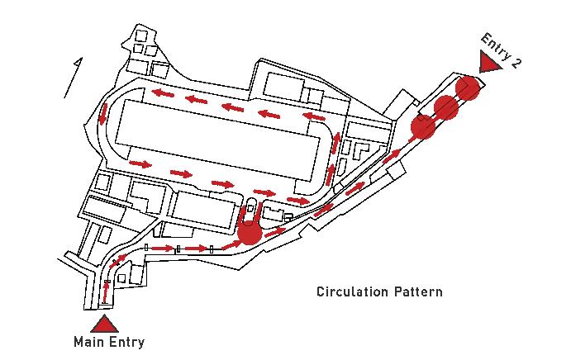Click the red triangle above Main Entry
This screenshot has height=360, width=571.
pyautogui.click(x=104, y=323)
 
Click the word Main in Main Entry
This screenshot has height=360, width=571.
pyautogui.click(x=88, y=342)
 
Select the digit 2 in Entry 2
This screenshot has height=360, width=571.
pyautogui.click(x=516, y=64)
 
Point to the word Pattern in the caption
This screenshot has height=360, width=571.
pyautogui.click(x=418, y=292)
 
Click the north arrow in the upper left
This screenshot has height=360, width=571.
pyautogui.click(x=74, y=78)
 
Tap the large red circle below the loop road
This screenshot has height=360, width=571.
pyautogui.click(x=250, y=234)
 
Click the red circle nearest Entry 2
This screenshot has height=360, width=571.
pyautogui.click(x=468, y=88)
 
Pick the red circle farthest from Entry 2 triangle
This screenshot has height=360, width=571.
pyautogui.click(x=424, y=127)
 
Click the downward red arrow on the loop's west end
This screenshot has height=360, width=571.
pyautogui.click(x=103, y=115)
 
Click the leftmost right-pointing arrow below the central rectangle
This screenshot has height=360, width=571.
pyautogui.click(x=141, y=164)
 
